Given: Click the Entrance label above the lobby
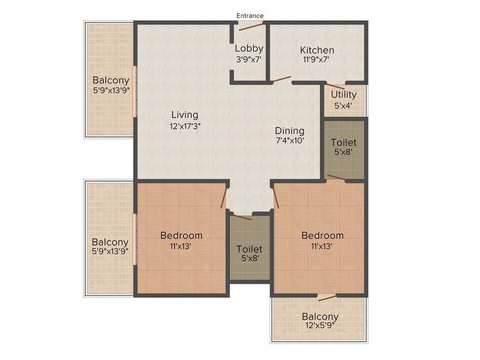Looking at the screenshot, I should pos(250,15).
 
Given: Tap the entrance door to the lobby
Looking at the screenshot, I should pos(251,26).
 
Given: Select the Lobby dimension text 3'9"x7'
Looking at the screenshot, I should pos(248,60).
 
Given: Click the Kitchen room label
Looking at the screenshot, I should pos(317,50).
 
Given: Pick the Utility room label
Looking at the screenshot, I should pos(344,94).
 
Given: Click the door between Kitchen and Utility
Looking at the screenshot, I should pos(335,86).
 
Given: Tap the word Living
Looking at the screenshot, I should pos(185,114).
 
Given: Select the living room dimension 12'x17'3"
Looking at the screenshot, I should pos(185,126).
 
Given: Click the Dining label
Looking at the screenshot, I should pos(289,131).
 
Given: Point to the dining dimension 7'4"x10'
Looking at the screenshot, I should pos(290,141).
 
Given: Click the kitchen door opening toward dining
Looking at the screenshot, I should pos(281,80).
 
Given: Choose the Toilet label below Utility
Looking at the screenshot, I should pos(344,142).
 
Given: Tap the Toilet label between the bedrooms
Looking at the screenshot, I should pos(249,249).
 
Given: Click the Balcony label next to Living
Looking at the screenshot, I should pos(111,80).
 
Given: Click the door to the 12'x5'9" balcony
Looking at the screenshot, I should pos(327,297).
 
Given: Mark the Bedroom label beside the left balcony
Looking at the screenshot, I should pos(181,235).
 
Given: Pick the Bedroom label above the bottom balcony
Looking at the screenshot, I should pos(322,235).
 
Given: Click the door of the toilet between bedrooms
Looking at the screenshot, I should pos(242,217).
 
